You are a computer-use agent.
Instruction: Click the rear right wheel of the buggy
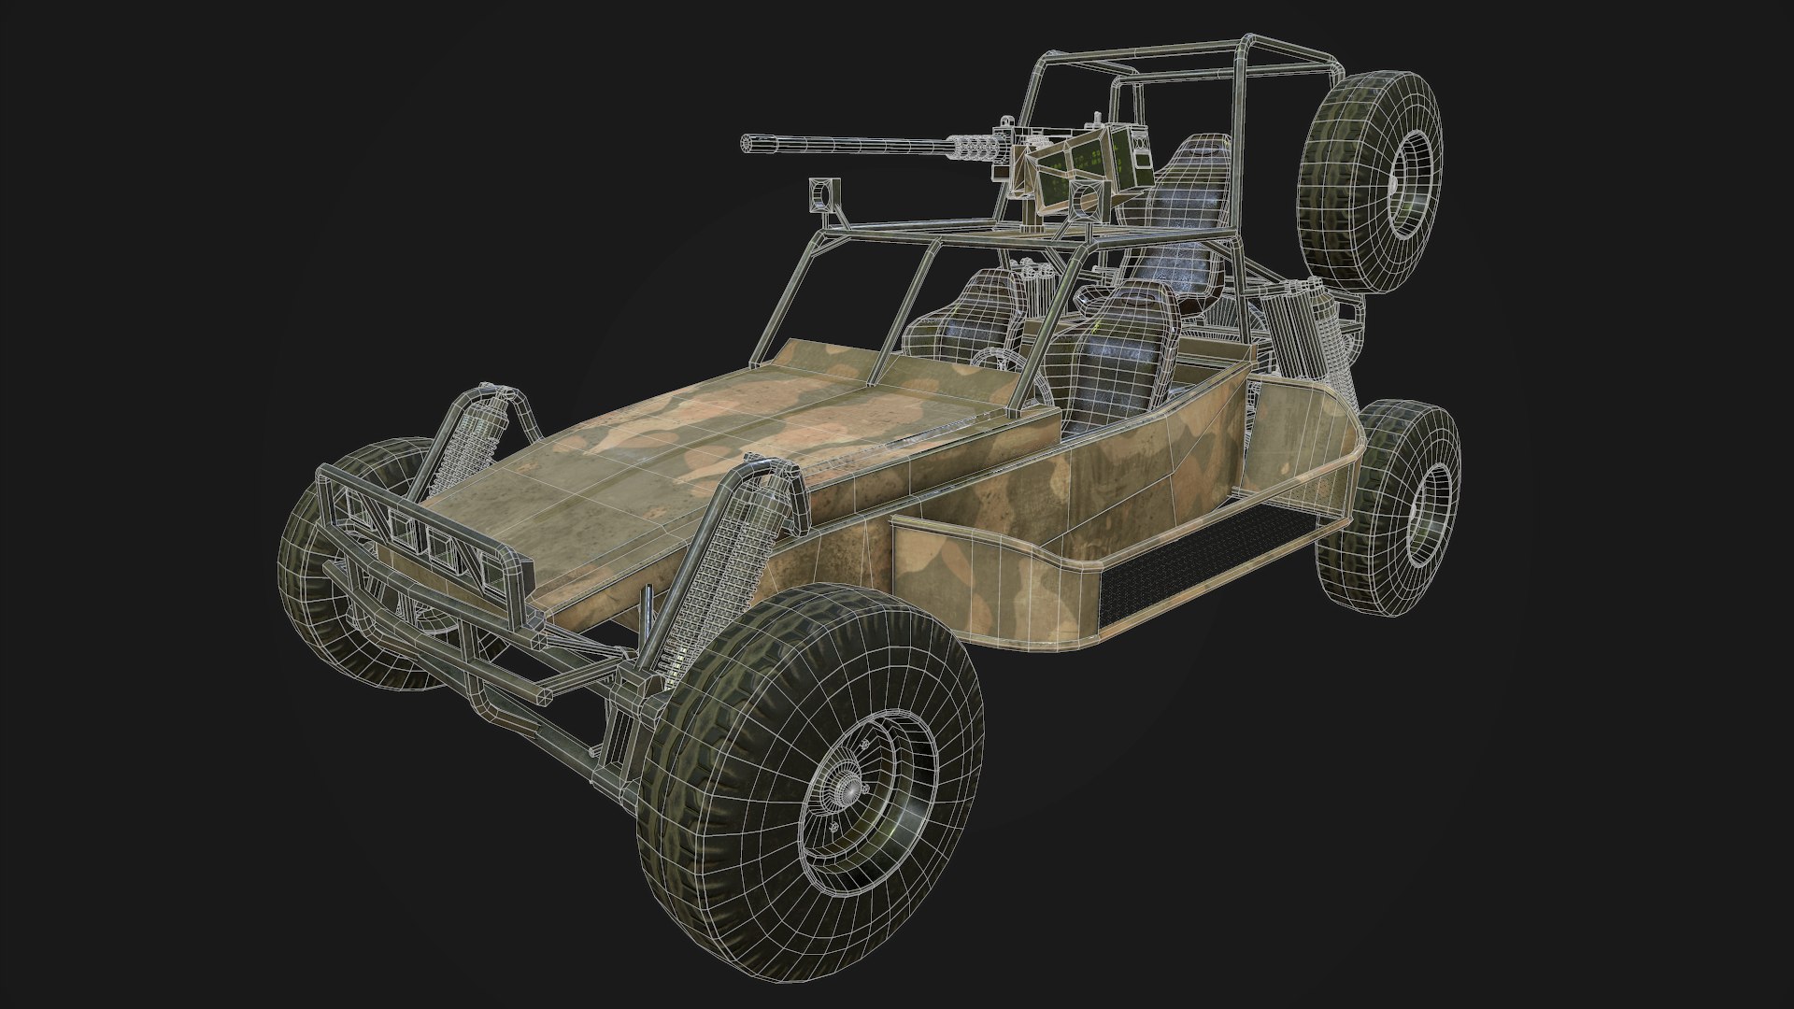1392,504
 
